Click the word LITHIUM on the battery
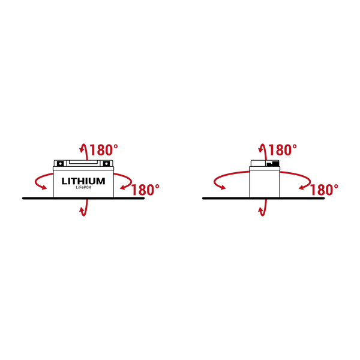tap(83, 181)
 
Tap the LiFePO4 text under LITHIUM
tap(83, 188)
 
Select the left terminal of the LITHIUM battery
tap(60, 163)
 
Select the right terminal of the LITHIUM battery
tap(106, 163)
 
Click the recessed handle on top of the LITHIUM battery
tap(83, 163)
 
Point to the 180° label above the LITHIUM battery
tap(104, 150)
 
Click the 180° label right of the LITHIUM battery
tap(145, 190)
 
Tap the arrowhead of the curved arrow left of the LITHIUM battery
tap(43, 188)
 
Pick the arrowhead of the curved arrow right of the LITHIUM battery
tap(123, 188)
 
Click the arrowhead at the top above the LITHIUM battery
tap(82, 149)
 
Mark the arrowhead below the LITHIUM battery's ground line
tap(82, 210)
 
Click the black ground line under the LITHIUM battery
tap(83, 199)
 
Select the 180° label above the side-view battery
tap(283, 150)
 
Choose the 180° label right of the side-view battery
tap(324, 190)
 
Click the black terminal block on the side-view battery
tap(273, 163)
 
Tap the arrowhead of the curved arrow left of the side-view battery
tap(222, 188)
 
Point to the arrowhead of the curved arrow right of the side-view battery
tap(302, 188)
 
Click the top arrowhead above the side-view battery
tap(261, 149)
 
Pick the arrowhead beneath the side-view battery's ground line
tap(261, 210)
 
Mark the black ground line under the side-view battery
tap(263, 199)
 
